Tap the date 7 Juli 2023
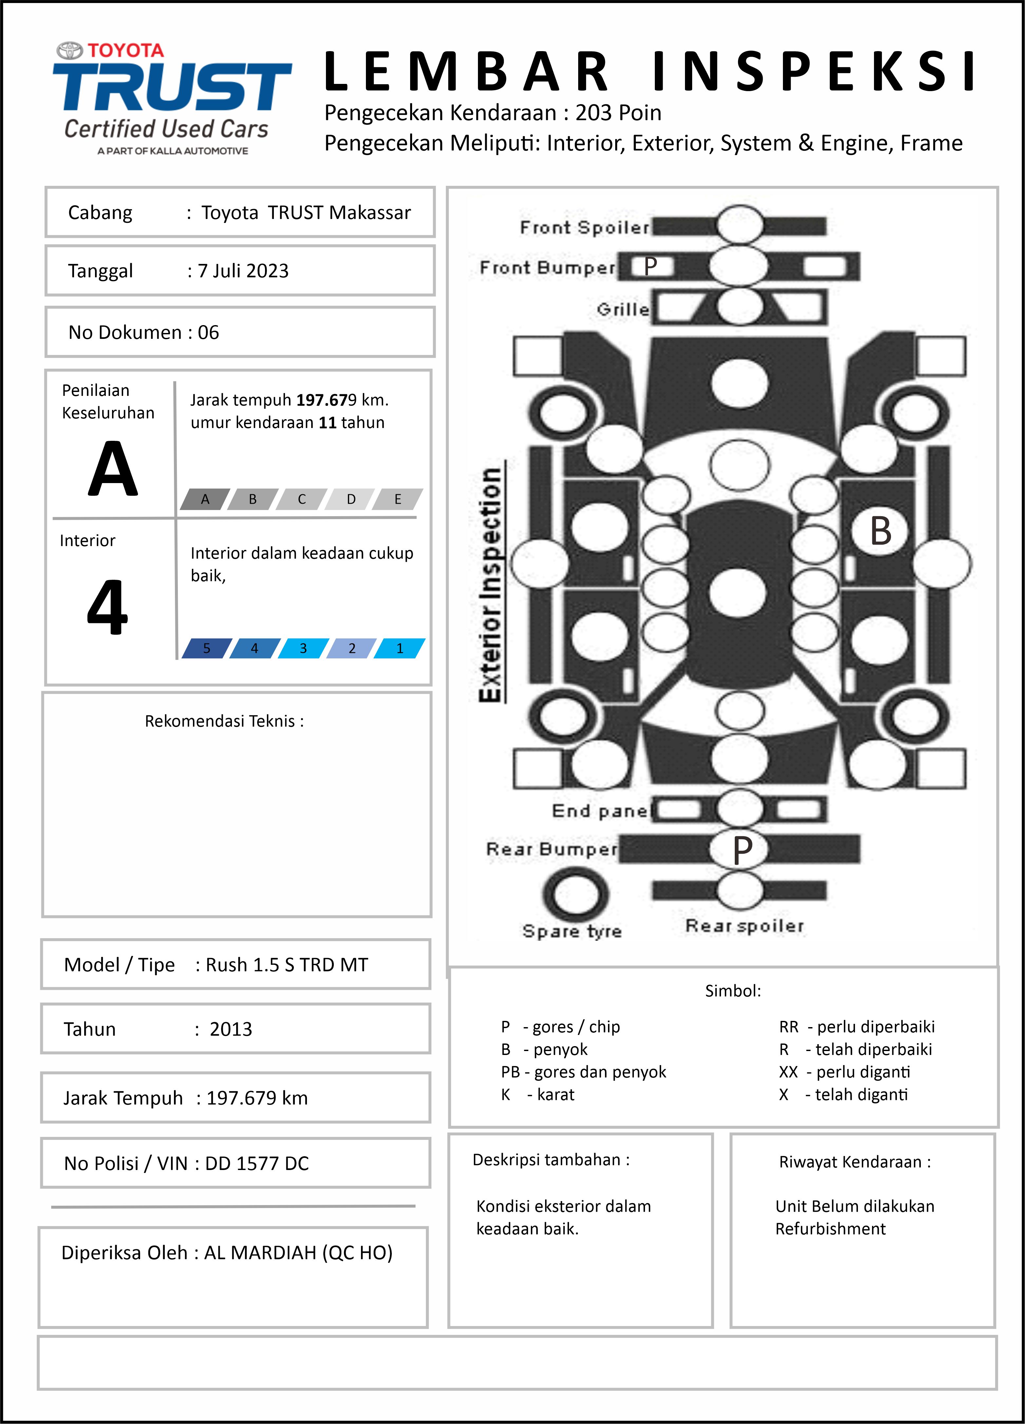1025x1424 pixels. point(243,271)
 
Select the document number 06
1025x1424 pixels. point(208,332)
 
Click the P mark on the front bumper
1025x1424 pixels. point(650,266)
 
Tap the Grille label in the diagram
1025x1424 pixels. point(623,309)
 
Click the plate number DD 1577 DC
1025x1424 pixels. point(257,1163)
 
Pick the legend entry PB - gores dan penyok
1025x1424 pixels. point(583,1072)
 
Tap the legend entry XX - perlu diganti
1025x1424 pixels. point(844,1072)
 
